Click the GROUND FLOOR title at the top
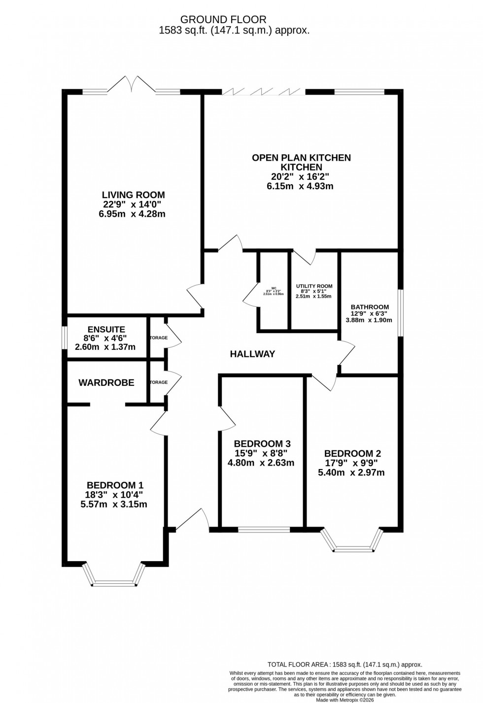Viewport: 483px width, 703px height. click(223, 20)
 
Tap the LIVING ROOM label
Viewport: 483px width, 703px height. click(133, 195)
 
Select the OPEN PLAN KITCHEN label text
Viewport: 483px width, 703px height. click(301, 158)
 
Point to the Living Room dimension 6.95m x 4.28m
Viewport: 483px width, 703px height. click(132, 214)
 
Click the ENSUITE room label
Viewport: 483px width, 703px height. click(106, 330)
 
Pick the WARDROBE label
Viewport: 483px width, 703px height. click(106, 383)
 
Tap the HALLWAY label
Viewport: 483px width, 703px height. click(252, 354)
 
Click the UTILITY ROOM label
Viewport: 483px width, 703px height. click(314, 286)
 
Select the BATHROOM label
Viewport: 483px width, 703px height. click(370, 307)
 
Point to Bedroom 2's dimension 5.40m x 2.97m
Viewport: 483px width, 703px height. click(351, 472)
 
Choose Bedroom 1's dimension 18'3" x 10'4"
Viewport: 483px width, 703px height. click(115, 495)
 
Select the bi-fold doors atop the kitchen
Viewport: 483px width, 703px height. click(263, 92)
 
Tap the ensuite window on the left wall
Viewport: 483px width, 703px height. click(64, 338)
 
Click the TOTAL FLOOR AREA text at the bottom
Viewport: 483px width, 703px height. click(345, 665)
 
